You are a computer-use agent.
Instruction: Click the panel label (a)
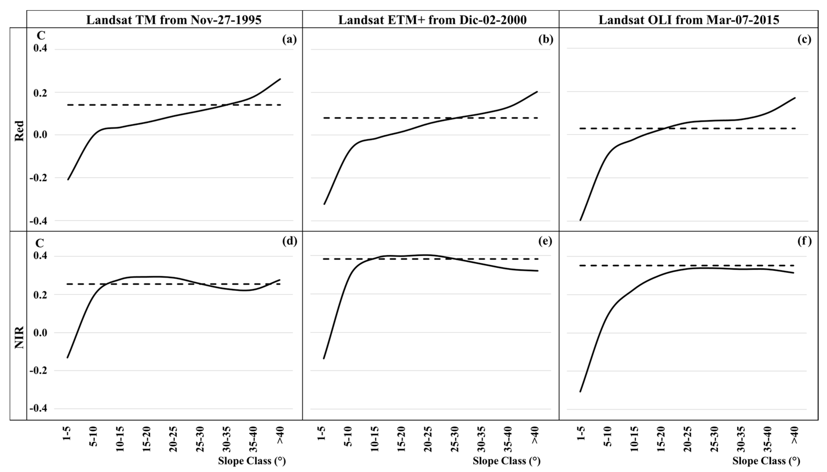[289, 40]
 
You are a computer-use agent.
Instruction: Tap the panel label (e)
[545, 241]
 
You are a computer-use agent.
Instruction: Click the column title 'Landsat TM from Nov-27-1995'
[174, 20]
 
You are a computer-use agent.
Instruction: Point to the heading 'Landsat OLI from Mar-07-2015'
[689, 20]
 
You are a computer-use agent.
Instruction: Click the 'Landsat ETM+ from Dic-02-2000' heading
[432, 20]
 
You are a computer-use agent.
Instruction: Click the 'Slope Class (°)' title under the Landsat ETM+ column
[507, 461]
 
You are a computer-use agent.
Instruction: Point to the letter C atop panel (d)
[40, 243]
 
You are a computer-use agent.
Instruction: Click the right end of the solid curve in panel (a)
[280, 79]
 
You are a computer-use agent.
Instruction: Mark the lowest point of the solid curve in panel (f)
[580, 391]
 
